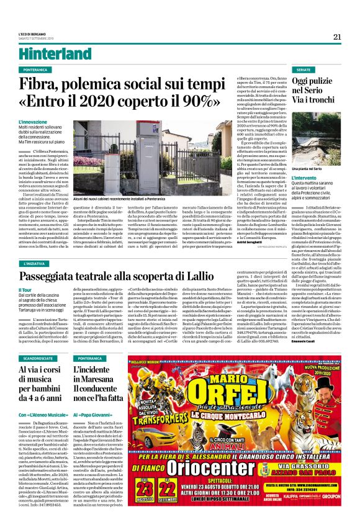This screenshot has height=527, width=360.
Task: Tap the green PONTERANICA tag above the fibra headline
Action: pyautogui.click(x=40, y=70)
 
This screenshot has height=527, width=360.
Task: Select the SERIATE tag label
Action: pyautogui.click(x=304, y=70)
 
